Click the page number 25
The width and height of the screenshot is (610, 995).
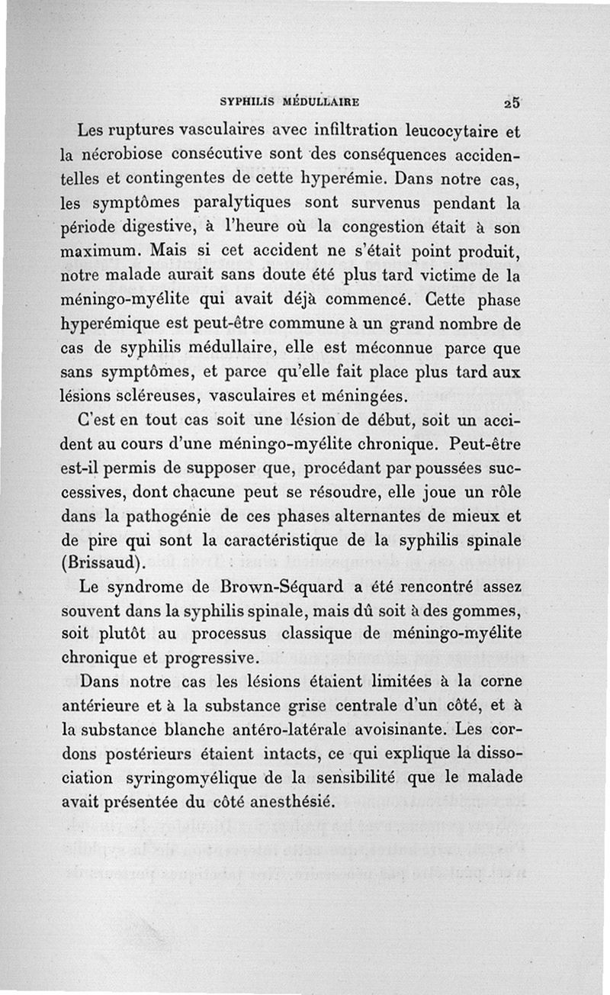511,102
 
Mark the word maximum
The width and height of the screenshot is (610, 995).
100,251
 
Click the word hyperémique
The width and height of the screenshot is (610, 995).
116,324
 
